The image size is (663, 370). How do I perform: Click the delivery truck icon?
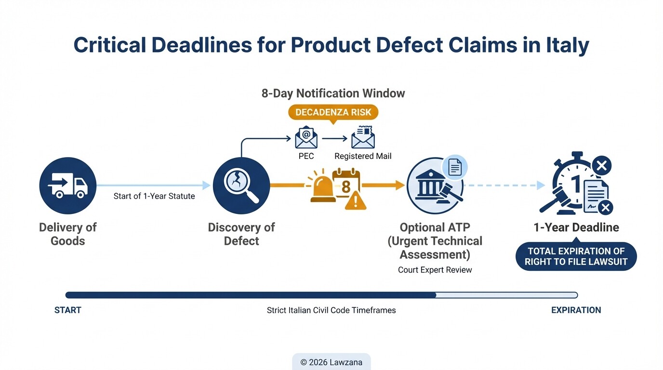[x=67, y=185]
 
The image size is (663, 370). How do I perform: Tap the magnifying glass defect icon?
[x=241, y=185]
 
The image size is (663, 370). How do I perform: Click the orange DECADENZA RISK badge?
[x=333, y=112]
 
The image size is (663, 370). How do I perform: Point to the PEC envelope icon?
[x=306, y=138]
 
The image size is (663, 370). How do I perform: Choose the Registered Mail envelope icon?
[x=363, y=138]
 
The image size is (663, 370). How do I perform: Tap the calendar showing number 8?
[x=346, y=183]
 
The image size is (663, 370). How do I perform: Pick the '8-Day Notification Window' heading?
[x=333, y=93]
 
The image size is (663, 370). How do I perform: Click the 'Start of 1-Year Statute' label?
[x=154, y=196]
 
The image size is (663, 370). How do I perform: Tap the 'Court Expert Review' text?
[x=435, y=270]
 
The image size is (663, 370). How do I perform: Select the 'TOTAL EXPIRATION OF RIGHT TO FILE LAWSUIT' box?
[x=576, y=256]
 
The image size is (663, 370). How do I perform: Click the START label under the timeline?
[x=67, y=310]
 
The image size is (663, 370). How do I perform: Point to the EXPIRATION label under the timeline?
[x=576, y=310]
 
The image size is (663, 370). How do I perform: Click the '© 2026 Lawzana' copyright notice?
[x=331, y=362]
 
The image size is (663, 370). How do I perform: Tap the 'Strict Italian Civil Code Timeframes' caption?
[x=331, y=310]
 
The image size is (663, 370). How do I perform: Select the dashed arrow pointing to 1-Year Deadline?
[x=506, y=185]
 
